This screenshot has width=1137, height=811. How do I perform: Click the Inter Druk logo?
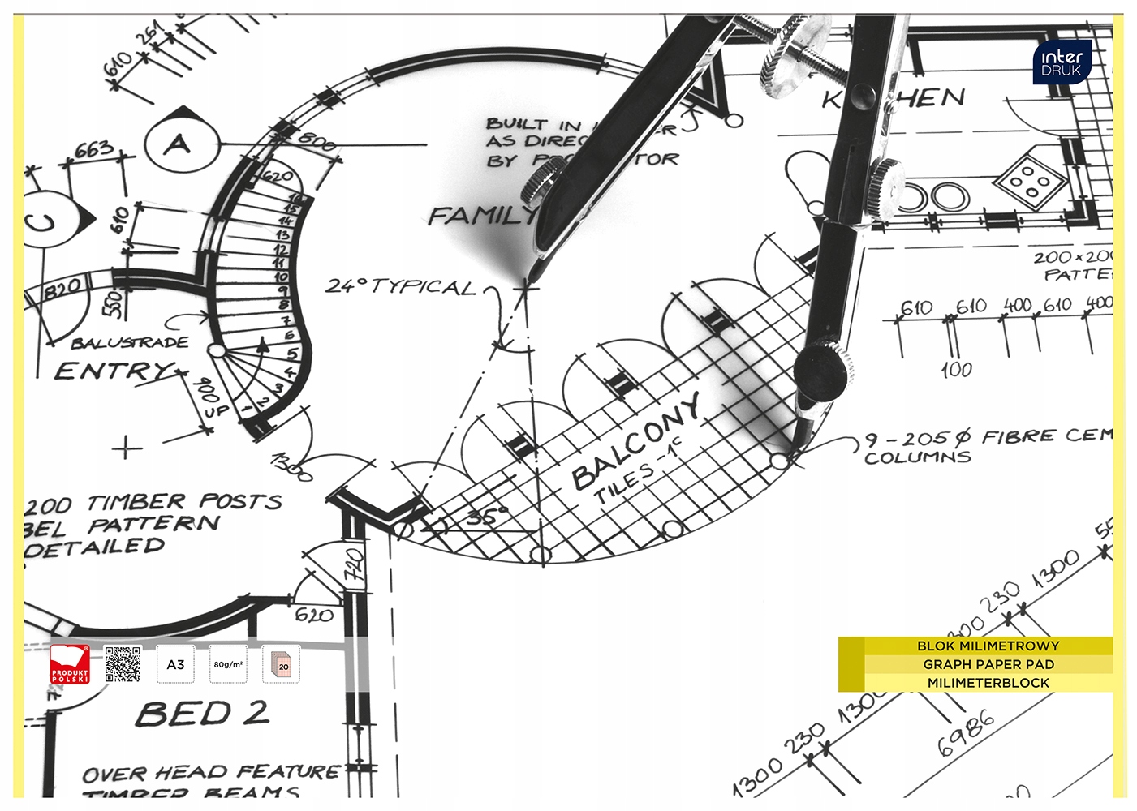click(1062, 62)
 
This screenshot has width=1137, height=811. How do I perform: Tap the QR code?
click(123, 664)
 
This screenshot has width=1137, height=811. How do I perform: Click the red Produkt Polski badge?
click(70, 664)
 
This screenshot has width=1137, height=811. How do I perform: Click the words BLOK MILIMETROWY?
click(988, 646)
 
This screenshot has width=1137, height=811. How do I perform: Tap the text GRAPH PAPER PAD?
click(988, 664)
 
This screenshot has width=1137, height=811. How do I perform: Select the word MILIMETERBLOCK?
click(988, 683)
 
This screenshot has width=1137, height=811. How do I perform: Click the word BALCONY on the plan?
click(636, 443)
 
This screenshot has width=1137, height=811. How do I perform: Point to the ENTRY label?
click(114, 371)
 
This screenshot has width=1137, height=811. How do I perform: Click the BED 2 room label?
click(201, 714)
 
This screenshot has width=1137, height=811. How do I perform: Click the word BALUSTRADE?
click(130, 343)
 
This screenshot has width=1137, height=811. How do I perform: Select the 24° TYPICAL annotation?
click(400, 286)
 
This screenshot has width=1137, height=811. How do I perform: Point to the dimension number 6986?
click(966, 732)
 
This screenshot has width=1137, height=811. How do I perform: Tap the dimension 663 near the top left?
click(94, 150)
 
